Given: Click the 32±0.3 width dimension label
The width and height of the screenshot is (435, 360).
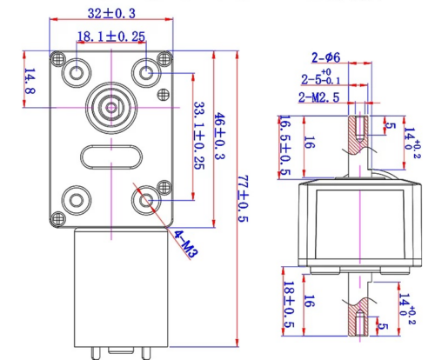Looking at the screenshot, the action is coord(111,13).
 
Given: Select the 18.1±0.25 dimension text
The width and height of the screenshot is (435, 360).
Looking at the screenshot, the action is coord(111,37).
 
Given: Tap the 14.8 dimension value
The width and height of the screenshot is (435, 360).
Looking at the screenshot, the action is coord(30,81).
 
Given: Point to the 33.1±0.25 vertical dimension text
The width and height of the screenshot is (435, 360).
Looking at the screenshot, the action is coord(199,136).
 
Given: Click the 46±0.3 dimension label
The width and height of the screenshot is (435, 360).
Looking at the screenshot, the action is coord(219,137).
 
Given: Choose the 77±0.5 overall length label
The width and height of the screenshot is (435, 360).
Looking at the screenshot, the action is coord(243,198).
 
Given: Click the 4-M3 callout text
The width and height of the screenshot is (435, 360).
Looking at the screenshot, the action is coord(186,243).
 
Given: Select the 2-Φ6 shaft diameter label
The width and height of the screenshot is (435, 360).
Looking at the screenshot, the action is coord(325,57).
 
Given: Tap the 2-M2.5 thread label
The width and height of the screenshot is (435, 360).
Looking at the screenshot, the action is coord(318,97).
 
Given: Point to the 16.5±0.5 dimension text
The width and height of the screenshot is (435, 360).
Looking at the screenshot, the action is coord(285,145).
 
